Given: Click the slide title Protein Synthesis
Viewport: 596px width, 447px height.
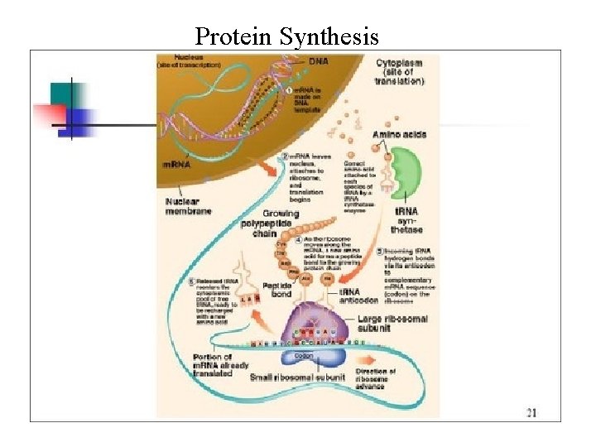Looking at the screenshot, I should [286, 36].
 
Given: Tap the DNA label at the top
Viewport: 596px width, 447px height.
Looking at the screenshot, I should [318, 61].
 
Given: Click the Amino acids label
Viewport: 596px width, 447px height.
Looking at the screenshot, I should [399, 134].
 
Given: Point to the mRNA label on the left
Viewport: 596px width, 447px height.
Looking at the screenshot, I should [175, 164].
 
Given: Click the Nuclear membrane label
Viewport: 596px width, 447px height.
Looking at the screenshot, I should [188, 206].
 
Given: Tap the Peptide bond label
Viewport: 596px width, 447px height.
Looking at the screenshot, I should [276, 291].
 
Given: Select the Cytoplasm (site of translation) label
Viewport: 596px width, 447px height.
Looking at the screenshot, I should [400, 71].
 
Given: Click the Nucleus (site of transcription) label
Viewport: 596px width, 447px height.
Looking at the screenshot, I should [190, 60].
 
